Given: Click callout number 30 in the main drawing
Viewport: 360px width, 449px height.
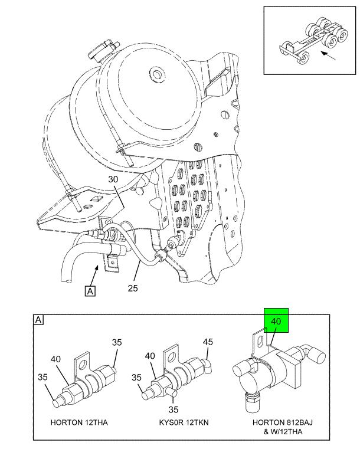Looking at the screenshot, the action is point(113,179).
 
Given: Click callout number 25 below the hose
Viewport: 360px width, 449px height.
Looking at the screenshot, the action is point(133,288).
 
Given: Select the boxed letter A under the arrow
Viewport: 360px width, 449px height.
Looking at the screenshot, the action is point(90,291).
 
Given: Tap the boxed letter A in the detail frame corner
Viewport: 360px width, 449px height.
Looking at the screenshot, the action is point(38,320).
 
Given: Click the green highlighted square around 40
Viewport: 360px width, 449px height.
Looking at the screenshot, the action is point(276,320).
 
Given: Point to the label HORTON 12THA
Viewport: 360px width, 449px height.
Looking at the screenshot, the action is point(79,422).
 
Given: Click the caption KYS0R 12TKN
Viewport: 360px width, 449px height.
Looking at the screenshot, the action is point(184,422).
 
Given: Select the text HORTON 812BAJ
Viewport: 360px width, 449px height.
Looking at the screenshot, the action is point(283,422).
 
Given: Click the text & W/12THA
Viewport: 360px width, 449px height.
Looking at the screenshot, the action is point(283,431).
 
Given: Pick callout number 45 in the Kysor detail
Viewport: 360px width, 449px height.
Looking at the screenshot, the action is point(208,342).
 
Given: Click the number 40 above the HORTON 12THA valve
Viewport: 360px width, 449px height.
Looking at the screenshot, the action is point(56,359).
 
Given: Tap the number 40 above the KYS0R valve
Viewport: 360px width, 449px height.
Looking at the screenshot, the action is point(150,356).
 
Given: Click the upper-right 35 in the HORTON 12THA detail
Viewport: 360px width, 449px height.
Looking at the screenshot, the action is point(117,342).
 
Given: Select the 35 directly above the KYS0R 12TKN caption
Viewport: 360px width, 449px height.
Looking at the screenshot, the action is point(174,410).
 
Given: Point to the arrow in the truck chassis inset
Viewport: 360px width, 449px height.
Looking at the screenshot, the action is point(328,56).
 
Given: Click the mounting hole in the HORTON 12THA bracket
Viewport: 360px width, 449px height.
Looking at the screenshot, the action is point(84,365).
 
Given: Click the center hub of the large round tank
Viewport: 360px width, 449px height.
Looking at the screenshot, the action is point(156,74).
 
